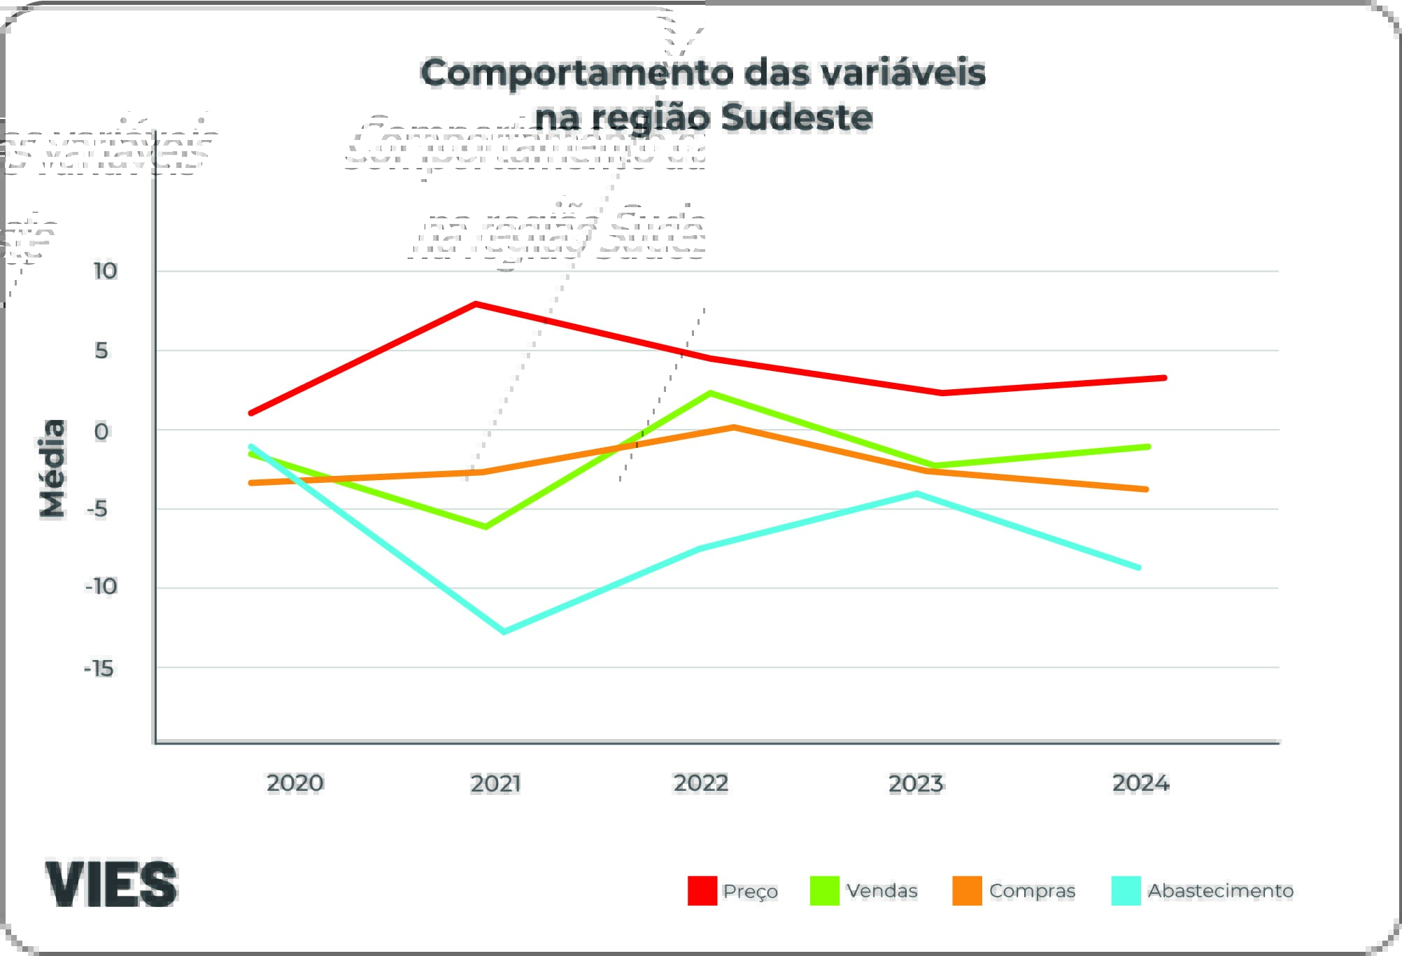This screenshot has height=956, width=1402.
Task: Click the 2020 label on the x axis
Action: (295, 782)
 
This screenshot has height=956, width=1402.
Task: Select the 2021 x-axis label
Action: (495, 783)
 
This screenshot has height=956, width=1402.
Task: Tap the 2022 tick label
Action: (701, 782)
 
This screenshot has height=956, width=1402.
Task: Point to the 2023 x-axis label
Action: (916, 783)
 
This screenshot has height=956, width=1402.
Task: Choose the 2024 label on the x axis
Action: (1140, 782)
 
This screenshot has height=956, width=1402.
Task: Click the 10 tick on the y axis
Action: (105, 271)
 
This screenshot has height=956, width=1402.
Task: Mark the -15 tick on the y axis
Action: (99, 668)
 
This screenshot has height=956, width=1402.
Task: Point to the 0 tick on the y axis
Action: (101, 431)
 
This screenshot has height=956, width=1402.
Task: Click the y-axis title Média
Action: (52, 468)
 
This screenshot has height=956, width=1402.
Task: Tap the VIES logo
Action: (112, 883)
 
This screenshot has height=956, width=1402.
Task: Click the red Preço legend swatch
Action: (702, 890)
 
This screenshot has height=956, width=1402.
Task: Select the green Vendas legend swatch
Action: (824, 890)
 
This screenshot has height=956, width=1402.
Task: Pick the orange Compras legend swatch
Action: (967, 890)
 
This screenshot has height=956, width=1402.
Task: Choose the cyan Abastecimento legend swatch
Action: (1126, 890)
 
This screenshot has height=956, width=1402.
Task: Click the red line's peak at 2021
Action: (476, 304)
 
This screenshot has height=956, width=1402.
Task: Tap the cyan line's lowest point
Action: (504, 631)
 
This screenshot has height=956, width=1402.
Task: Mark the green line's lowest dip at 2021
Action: (486, 526)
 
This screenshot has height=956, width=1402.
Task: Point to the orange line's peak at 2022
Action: (733, 427)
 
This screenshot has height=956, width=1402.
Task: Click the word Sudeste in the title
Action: (797, 118)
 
